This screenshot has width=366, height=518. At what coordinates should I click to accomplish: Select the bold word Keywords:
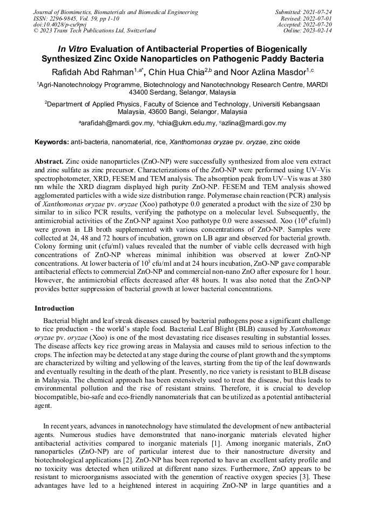52,142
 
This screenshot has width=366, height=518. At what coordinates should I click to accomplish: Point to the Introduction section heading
55,308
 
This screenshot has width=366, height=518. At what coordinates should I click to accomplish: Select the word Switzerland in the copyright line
138,31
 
